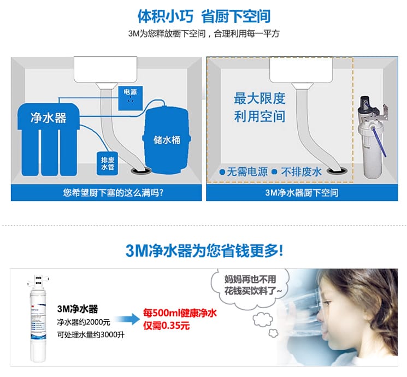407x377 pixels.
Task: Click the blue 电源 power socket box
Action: pos(131,98)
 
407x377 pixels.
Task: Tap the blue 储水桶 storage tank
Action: pos(167,140)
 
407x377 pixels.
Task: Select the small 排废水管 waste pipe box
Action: pos(107,163)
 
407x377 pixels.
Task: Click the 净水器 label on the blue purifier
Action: pos(49,118)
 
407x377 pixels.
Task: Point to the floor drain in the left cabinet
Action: pos(141,170)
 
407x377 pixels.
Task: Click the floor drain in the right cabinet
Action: pos(337,170)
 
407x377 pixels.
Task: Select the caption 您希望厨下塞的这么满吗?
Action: pos(113,193)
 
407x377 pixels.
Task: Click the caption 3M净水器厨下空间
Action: pos(302,193)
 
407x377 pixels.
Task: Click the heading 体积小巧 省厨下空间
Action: pos(204,16)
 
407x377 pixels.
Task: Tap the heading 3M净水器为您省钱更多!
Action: pos(204,251)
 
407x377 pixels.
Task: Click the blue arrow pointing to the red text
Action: pos(127,319)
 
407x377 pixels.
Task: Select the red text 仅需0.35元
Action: pos(167,325)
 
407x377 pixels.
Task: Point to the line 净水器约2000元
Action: pos(84,322)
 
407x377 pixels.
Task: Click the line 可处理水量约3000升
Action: pos(91,335)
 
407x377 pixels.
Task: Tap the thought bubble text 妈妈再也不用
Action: pos(250,279)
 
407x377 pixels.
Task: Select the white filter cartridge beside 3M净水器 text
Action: pos(38,319)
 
